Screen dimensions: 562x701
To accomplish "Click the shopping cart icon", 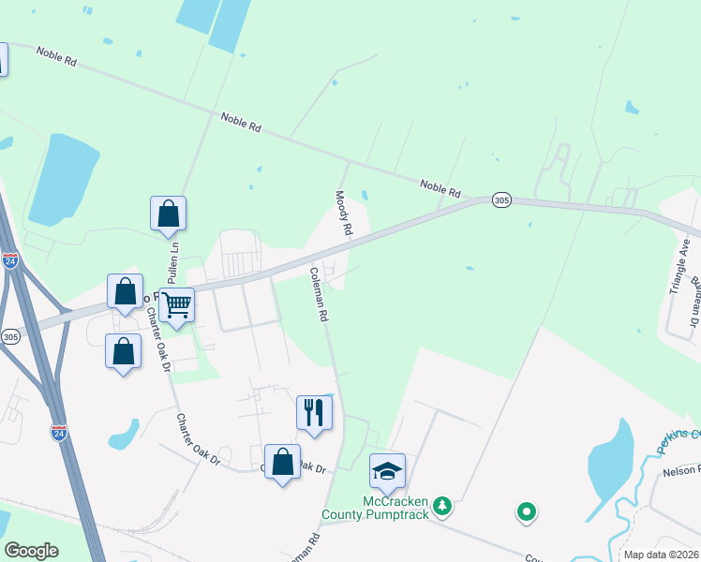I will [x=176, y=304].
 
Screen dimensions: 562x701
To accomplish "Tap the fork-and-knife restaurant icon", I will [x=314, y=412].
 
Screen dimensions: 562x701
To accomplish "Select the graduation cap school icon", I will [x=387, y=471].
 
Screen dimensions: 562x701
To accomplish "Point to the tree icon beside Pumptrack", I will [x=441, y=508].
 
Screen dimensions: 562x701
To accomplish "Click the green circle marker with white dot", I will [x=526, y=511].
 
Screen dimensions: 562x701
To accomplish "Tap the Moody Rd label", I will [x=344, y=213].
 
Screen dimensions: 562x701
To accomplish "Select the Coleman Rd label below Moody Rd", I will [x=319, y=295].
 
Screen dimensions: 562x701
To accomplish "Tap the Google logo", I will [x=31, y=550].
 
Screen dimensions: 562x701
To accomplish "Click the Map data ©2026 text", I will [x=661, y=555].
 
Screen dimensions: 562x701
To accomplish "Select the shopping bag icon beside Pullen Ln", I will [x=168, y=214].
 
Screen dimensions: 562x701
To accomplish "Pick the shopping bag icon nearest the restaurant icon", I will [x=282, y=462].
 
